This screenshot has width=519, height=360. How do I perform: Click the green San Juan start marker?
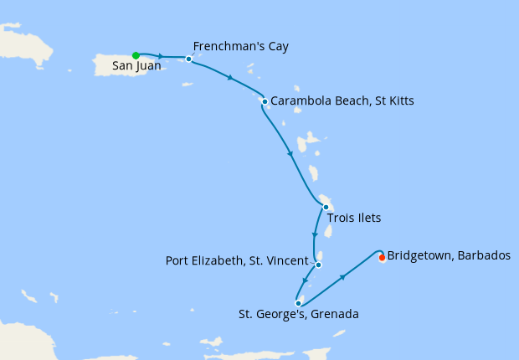[136, 55]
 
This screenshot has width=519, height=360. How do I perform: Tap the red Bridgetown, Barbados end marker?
[382, 258]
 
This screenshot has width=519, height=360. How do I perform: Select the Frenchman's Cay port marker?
[189, 59]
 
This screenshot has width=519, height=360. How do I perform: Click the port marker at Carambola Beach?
[265, 102]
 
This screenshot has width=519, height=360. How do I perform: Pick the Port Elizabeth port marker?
[318, 265]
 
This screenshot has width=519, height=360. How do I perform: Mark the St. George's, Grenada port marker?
[298, 303]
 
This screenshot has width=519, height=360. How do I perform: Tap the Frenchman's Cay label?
[240, 46]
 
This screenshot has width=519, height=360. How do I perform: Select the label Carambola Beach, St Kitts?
[342, 101]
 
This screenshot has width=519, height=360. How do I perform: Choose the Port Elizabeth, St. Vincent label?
[237, 260]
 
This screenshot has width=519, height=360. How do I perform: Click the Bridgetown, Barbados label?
[449, 255]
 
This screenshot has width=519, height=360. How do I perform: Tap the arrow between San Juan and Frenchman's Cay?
[160, 56]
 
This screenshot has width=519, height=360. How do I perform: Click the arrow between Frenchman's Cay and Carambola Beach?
[230, 78]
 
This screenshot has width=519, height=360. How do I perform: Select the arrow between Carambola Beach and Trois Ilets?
[290, 153]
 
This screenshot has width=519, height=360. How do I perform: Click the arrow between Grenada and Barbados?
[342, 276]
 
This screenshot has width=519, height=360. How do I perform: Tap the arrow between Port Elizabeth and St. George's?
[307, 282]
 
